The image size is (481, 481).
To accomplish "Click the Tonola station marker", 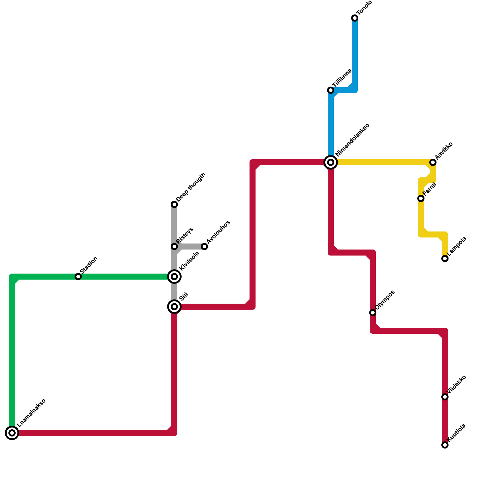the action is click(355, 18).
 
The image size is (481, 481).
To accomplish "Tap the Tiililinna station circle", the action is click(331, 90).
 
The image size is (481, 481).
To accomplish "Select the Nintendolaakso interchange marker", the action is click(331, 162).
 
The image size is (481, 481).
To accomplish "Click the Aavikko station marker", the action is click(433, 162).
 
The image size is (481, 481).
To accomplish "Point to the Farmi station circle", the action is click(421, 198).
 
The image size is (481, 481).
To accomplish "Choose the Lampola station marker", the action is click(445, 259).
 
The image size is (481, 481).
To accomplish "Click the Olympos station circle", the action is click(373, 313).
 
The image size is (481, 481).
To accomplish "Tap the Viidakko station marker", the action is click(445, 397).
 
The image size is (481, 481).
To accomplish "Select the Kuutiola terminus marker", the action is click(445, 445).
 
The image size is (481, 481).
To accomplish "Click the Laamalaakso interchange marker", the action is click(12, 433).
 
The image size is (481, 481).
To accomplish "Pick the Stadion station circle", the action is click(78, 277).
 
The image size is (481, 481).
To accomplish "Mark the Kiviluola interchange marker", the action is click(174, 277).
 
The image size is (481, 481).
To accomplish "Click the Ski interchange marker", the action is click(174, 307).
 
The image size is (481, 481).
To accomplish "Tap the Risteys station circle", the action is click(174, 247).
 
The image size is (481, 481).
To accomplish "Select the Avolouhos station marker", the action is click(204, 247).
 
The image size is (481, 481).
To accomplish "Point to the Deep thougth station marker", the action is click(174, 204).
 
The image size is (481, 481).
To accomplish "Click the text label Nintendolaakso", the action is click(352, 140).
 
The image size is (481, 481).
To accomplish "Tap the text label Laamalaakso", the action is click(32, 413).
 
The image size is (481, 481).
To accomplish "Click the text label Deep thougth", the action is click(191, 188).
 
